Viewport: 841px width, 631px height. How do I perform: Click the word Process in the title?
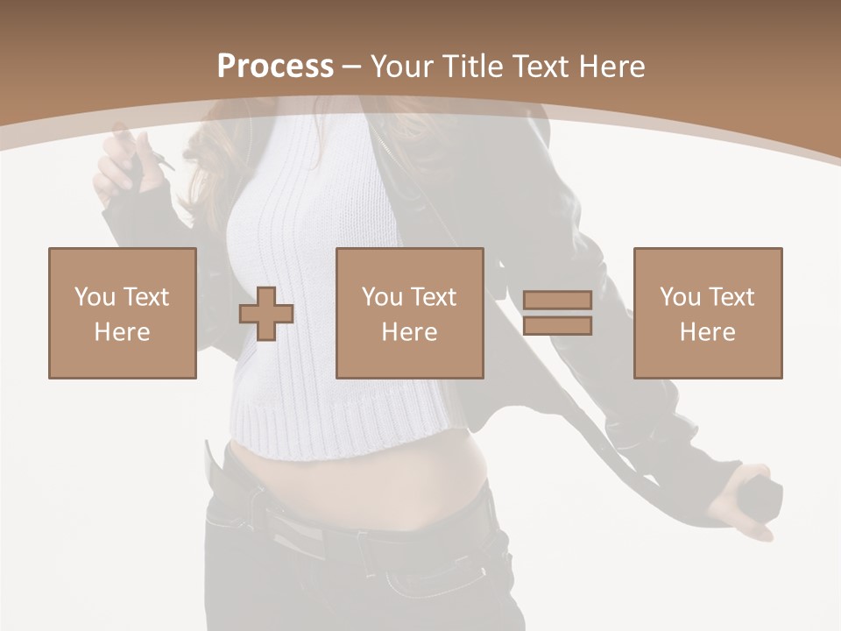tap(275, 66)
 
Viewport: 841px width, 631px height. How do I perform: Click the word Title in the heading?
tap(473, 66)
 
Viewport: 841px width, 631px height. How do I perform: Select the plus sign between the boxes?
tap(266, 314)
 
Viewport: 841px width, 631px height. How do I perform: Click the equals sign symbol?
tap(557, 313)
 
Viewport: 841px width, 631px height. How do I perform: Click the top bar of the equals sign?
tap(557, 300)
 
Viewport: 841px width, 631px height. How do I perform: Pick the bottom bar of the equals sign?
tap(557, 325)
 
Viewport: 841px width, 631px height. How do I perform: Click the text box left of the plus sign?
tap(122, 313)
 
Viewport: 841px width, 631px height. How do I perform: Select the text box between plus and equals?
tap(409, 313)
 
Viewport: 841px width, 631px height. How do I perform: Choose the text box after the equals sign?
tap(707, 313)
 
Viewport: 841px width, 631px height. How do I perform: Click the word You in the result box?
tap(680, 297)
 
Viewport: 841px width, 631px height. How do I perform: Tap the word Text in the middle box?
tap(434, 297)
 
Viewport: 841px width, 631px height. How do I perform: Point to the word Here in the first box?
tap(122, 331)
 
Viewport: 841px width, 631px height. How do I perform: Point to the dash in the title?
tap(352, 67)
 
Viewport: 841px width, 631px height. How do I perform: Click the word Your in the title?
tap(400, 66)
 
